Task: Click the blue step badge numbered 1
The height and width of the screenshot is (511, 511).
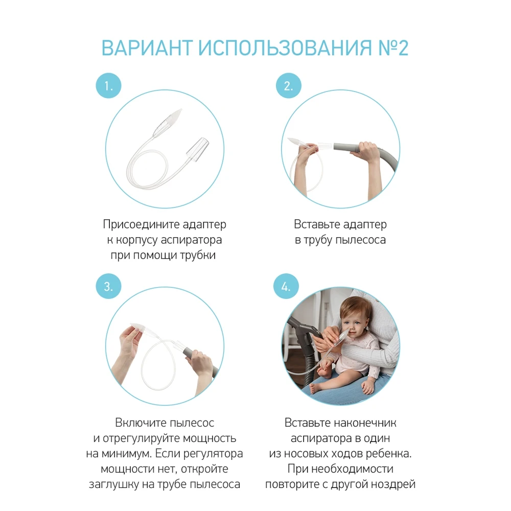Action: pos(109,86)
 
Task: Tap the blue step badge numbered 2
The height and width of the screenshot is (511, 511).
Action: pos(289,86)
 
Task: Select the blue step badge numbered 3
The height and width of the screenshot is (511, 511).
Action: pos(109,287)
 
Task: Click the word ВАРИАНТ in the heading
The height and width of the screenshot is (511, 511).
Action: pos(146,48)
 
